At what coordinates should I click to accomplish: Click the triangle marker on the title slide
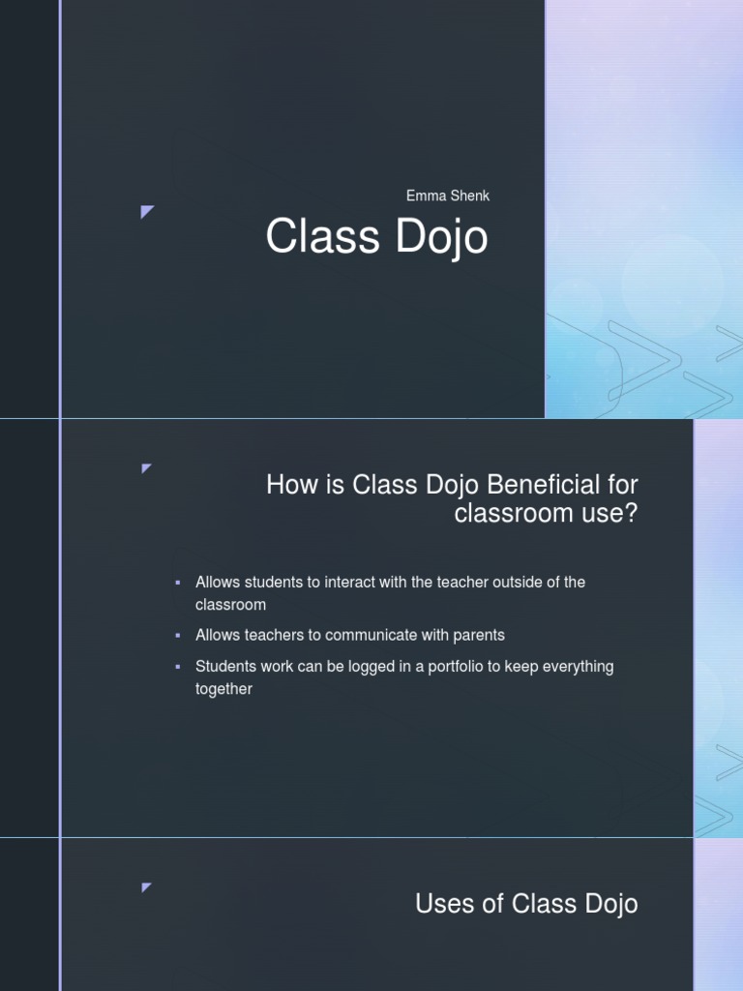coord(147,211)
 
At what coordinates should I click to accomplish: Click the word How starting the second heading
coord(291,484)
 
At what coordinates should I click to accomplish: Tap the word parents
coord(477,636)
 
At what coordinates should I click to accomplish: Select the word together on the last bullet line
coord(223,689)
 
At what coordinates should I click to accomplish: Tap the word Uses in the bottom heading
coord(445,904)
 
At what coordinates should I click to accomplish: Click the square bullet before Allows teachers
coord(178,636)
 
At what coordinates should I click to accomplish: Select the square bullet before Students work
coord(178,667)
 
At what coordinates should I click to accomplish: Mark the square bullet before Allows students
coord(178,583)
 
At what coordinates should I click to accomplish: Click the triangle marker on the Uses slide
coord(147,886)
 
